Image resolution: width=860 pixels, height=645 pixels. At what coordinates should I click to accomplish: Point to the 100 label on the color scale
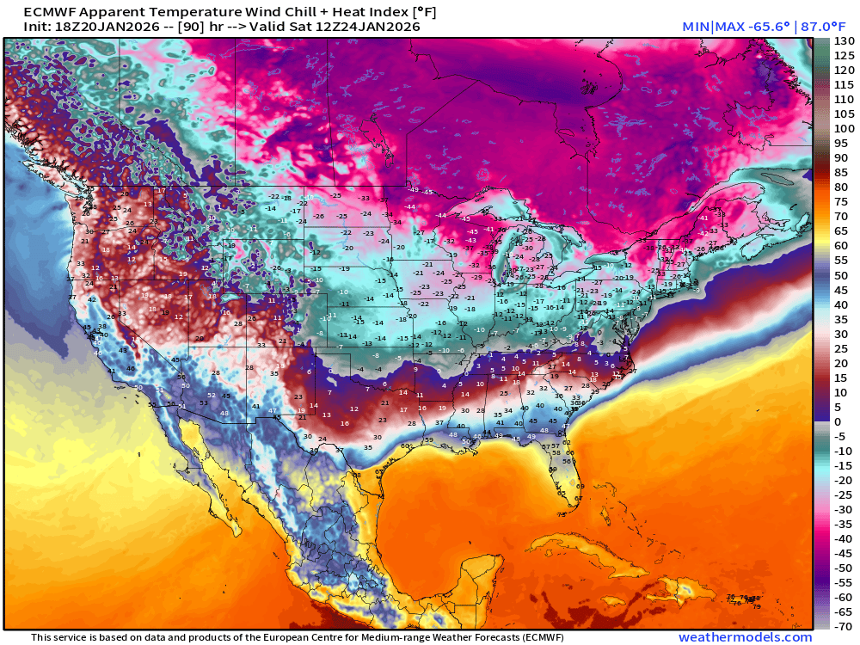pyautogui.click(x=844, y=129)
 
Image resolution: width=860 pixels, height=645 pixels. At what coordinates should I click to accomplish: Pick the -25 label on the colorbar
pyautogui.click(x=844, y=494)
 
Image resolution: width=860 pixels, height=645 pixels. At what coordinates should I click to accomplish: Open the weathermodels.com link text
pyautogui.click(x=745, y=637)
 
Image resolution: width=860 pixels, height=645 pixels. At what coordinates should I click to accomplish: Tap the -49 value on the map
pyautogui.click(x=415, y=190)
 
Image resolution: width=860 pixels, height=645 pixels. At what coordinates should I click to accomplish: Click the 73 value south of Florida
pyautogui.click(x=561, y=514)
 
